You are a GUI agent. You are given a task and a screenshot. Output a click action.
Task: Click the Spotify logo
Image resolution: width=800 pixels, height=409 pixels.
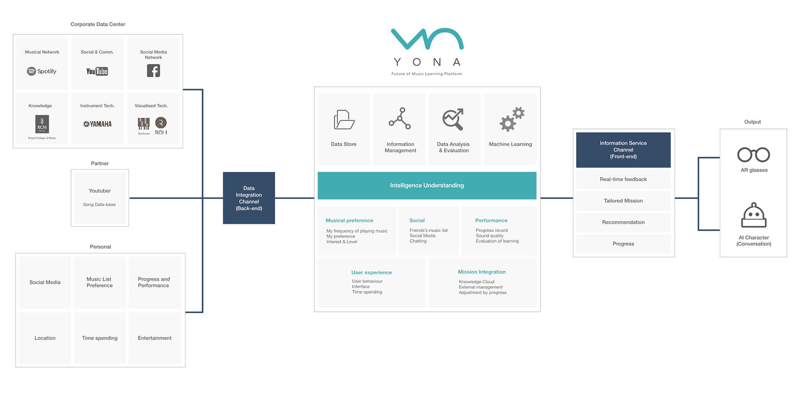[x=41, y=72]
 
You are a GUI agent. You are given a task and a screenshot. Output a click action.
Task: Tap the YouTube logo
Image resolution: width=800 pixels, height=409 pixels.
[x=97, y=72]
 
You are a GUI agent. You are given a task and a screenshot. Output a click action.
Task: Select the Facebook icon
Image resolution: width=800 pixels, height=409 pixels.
[x=153, y=71]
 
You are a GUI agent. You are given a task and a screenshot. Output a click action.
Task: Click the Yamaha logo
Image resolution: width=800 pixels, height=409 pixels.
[x=97, y=124]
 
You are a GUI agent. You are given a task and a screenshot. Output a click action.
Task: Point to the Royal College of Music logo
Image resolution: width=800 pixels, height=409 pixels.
[x=42, y=125]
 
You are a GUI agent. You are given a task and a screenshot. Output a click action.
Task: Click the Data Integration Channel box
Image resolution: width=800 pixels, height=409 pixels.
[x=249, y=198]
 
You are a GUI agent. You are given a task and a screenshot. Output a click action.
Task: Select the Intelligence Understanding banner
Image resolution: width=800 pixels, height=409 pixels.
[x=427, y=185]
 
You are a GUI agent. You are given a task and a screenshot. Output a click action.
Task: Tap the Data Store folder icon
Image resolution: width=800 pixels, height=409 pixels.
[x=344, y=120]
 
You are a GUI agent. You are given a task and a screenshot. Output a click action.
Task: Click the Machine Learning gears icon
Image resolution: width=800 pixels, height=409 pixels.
[x=511, y=119]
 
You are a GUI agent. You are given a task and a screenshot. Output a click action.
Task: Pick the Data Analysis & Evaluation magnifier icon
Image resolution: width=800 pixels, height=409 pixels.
[x=453, y=120]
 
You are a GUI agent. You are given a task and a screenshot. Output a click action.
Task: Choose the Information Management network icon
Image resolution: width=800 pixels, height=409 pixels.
[x=400, y=119]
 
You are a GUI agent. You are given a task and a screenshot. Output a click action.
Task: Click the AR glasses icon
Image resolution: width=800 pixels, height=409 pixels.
[x=753, y=155]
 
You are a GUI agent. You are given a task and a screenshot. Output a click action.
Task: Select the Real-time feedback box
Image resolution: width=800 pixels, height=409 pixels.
[x=623, y=179]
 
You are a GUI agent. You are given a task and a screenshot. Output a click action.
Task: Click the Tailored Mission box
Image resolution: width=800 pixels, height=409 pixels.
[x=623, y=201]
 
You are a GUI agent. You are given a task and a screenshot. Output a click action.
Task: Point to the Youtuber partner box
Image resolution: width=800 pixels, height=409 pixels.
[x=100, y=198]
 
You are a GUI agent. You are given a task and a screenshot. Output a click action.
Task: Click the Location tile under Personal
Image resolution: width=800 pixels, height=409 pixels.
[x=45, y=338]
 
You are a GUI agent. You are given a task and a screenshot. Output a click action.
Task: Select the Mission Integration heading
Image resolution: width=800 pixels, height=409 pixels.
[x=482, y=272]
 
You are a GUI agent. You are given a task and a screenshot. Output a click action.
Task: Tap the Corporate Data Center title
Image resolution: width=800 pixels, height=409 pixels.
[x=98, y=24]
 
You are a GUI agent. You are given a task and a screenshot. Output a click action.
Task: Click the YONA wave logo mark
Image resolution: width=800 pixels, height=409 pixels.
[x=427, y=39]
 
